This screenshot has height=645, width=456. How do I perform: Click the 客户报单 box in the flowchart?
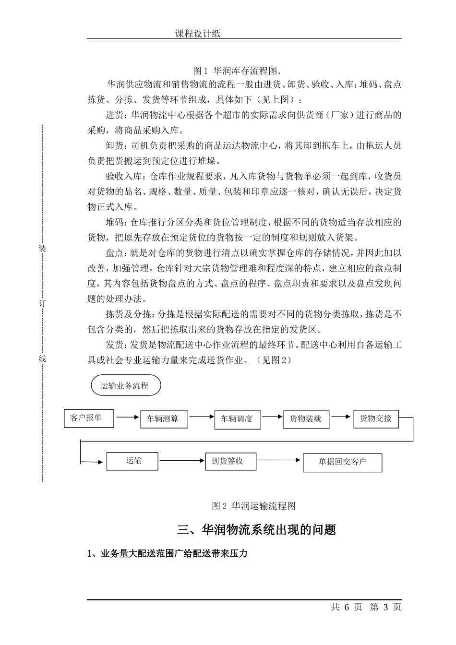(89, 418)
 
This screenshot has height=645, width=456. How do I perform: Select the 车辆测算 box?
(163, 419)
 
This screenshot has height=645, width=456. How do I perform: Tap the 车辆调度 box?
(237, 419)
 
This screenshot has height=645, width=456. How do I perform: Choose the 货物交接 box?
(376, 418)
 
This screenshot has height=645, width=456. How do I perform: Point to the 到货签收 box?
(230, 461)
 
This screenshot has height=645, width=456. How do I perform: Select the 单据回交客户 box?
(342, 462)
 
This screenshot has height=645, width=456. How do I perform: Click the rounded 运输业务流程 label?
(125, 385)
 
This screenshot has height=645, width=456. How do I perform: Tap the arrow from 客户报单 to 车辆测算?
(127, 418)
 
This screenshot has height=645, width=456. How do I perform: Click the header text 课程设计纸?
(198, 34)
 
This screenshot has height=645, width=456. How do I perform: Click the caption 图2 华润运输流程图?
(253, 506)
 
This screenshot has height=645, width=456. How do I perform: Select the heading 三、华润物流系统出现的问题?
(257, 530)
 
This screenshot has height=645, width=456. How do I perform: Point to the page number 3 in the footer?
(385, 607)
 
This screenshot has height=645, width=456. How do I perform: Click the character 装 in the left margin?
(42, 249)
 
